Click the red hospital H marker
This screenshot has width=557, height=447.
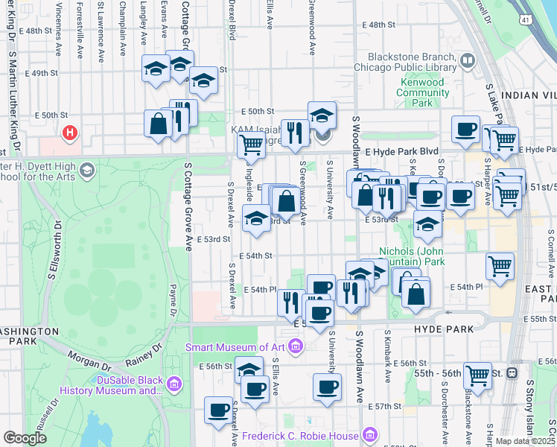click(70, 133)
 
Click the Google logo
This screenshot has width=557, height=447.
click(25, 438)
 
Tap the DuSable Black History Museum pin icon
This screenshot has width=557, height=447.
click(174, 384)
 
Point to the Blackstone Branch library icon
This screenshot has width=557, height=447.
click(467, 60)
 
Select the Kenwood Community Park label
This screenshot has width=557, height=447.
click(422, 92)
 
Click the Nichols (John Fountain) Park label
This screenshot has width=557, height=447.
click(412, 256)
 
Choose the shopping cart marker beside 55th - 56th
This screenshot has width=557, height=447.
click(477, 375)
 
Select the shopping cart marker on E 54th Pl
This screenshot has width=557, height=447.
click(499, 265)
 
